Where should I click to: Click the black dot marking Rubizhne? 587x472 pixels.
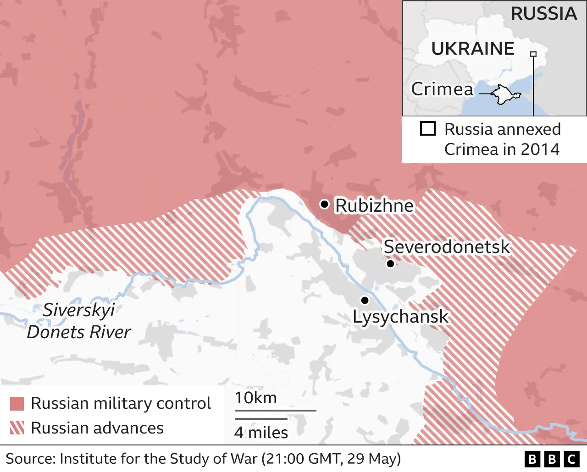(x=324, y=204)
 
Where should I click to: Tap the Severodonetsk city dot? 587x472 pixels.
(x=390, y=263)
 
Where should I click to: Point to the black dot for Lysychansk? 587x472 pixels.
(x=365, y=300)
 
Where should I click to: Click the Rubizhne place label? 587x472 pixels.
(x=374, y=206)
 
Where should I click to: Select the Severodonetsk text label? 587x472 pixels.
(x=446, y=247)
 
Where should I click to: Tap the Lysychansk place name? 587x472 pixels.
(x=400, y=317)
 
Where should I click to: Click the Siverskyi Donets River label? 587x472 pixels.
(x=79, y=321)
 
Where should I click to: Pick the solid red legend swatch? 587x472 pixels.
(x=17, y=404)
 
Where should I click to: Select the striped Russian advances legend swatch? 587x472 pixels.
(x=17, y=428)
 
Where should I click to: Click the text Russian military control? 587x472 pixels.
(x=121, y=403)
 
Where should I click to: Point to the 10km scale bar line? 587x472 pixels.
(x=275, y=410)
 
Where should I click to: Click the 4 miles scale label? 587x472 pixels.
(x=261, y=433)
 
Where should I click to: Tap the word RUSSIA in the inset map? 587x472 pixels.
(x=543, y=14)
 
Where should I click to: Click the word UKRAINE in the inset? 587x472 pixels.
(x=473, y=49)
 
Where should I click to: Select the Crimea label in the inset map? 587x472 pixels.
(x=442, y=89)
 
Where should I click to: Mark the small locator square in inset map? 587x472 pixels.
(x=533, y=54)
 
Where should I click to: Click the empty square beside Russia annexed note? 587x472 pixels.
(x=427, y=129)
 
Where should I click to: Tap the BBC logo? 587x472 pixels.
(x=552, y=459)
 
